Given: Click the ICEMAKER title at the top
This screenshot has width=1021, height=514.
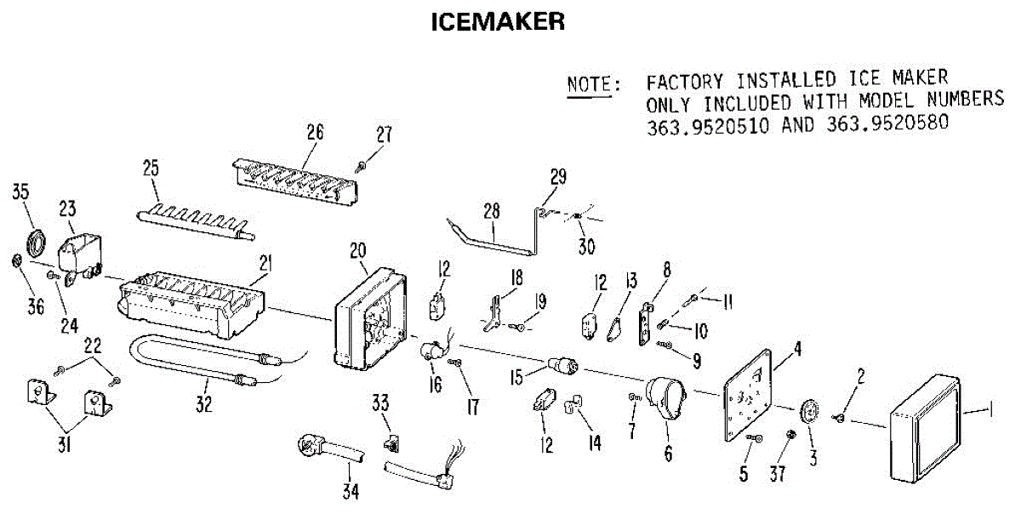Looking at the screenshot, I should [x=498, y=22].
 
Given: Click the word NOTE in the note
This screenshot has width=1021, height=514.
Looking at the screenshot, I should [x=592, y=84].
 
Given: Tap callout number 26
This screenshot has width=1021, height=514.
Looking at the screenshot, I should [x=315, y=132].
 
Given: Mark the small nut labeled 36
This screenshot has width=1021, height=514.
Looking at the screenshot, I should [x=17, y=259].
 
